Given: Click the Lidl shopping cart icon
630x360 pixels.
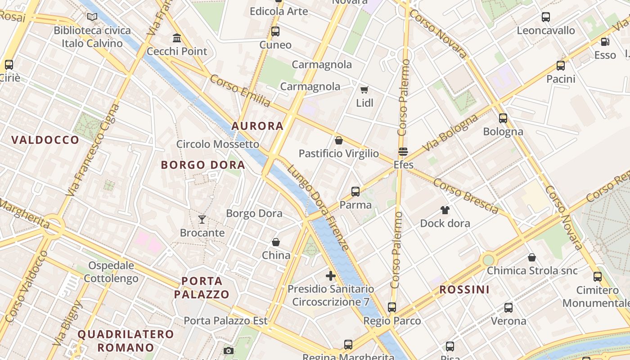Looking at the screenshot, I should [x=364, y=90].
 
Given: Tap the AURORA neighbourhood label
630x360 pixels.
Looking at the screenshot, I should [x=257, y=126].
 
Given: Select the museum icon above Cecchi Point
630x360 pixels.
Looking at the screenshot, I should [x=177, y=38].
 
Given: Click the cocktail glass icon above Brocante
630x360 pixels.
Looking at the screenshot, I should [x=202, y=220].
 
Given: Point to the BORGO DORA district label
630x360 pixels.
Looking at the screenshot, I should [x=203, y=165].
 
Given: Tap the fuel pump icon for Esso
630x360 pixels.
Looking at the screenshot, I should [x=605, y=42].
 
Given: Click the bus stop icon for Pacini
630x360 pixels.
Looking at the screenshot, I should [x=561, y=66].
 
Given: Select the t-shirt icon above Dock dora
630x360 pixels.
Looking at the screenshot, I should [x=445, y=210].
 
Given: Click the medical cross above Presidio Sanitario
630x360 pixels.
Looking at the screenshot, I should [x=331, y=275].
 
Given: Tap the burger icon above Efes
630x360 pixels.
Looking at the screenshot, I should [x=403, y=152].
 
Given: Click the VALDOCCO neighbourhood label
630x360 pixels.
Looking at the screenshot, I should [x=45, y=140].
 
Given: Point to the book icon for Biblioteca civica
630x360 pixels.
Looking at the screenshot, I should [x=92, y=17].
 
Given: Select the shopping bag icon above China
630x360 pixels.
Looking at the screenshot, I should [x=276, y=242].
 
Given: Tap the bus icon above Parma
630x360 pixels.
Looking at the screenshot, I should [x=355, y=192].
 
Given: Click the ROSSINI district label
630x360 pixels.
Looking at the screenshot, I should [x=464, y=289].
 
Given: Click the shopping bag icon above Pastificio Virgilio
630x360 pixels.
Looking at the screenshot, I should [x=339, y=140].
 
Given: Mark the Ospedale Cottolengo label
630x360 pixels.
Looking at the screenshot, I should [x=111, y=272].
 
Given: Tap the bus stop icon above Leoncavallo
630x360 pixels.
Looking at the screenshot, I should [x=546, y=17].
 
